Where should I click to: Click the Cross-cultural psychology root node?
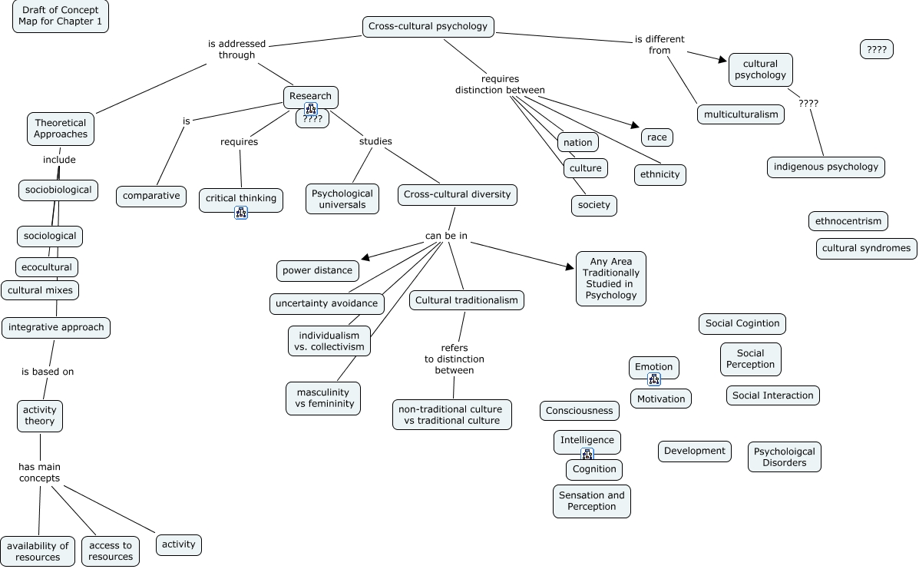[x=428, y=26]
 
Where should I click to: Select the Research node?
[x=310, y=96]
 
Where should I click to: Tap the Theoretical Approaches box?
[x=61, y=128]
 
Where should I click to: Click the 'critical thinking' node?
[x=241, y=198]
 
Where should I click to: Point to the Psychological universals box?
[x=342, y=199]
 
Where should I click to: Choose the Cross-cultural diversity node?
[x=458, y=194]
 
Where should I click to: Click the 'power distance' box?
[x=317, y=270]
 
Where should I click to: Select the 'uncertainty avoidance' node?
[x=327, y=303]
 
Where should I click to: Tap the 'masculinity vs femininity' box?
[x=323, y=398]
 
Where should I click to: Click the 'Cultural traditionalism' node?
[x=467, y=300]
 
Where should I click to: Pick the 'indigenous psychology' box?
[x=825, y=167]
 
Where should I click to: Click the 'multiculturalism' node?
[x=741, y=114]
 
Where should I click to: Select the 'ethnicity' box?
[x=659, y=174]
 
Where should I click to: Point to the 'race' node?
[x=656, y=137]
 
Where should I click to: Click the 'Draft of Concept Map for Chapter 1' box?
[x=61, y=16]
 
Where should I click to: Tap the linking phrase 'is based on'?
[x=48, y=372]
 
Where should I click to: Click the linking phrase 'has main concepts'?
[x=39, y=472]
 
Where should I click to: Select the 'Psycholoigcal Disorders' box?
[x=784, y=457]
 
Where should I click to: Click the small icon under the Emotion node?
[x=654, y=379]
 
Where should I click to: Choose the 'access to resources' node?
[x=111, y=551]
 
